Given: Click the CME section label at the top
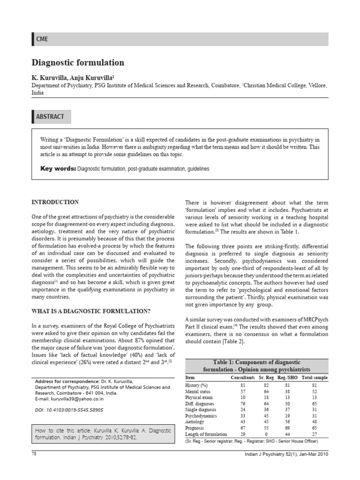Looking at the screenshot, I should [x=42, y=39].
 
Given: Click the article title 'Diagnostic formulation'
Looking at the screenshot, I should [x=78, y=62].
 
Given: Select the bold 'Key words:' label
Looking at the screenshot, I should [x=58, y=168].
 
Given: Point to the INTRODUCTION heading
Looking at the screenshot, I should [x=55, y=202].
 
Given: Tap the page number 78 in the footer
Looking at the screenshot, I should [x=34, y=454].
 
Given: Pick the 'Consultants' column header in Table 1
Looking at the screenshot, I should [x=243, y=377].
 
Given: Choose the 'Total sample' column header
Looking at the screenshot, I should [x=315, y=377].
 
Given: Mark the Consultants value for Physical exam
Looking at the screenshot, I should [x=243, y=397].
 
